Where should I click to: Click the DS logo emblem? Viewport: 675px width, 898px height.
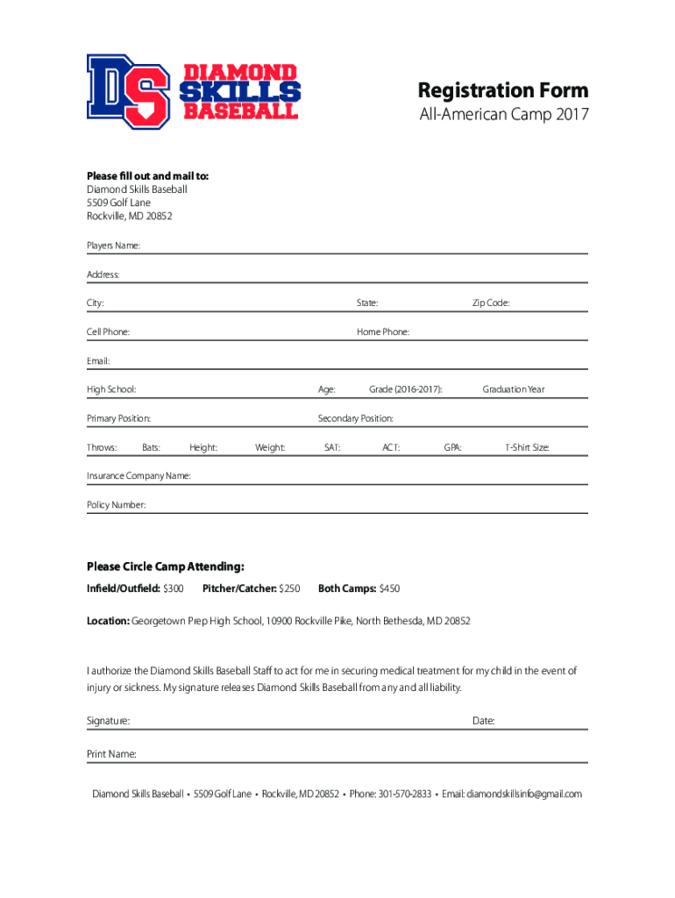click(127, 91)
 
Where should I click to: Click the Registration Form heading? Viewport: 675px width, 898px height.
click(502, 90)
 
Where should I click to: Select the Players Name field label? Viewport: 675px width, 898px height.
click(113, 246)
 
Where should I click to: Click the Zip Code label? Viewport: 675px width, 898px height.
click(491, 303)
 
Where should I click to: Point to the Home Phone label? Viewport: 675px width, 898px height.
click(383, 332)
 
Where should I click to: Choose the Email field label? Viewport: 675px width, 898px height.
click(98, 361)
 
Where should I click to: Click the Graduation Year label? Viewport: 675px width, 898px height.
click(514, 389)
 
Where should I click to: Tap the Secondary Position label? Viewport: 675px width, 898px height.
click(355, 418)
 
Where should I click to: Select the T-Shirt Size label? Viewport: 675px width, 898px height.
click(527, 448)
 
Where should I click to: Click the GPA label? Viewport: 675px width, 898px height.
click(452, 448)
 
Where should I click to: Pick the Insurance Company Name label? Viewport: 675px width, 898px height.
click(139, 476)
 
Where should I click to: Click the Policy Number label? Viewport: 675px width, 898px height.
click(116, 505)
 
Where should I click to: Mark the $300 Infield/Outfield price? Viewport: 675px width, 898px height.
click(174, 588)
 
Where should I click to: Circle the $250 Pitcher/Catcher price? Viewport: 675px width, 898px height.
click(289, 588)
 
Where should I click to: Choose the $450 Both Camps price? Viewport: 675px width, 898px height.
click(389, 588)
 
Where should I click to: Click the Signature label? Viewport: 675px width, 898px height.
click(108, 721)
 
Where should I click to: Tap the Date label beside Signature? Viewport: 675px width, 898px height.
click(483, 721)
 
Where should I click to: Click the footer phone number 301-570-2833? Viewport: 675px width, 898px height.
click(404, 795)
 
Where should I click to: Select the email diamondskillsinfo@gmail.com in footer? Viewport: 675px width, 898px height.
click(523, 795)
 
